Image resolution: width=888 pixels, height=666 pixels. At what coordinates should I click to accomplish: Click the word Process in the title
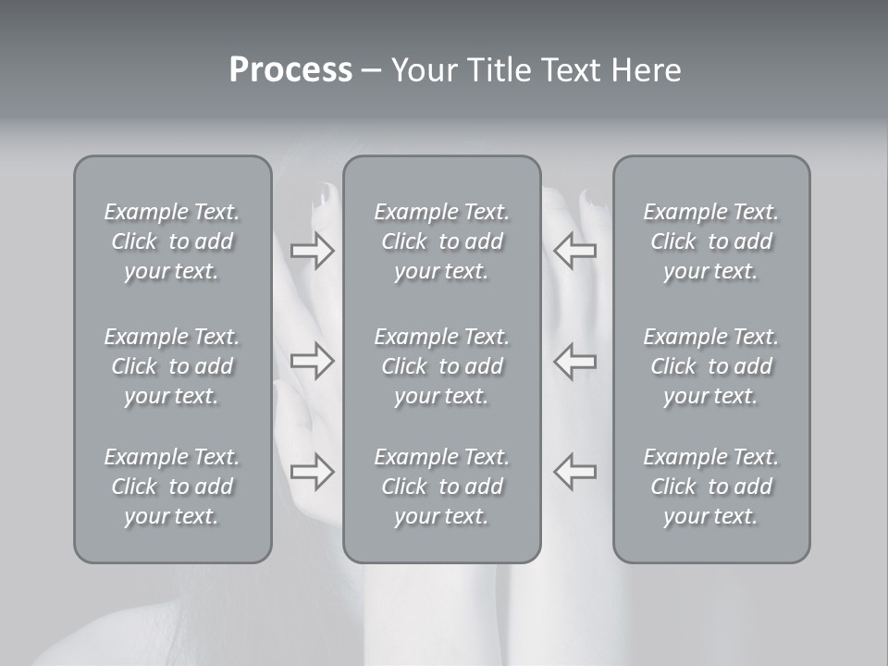tap(290, 70)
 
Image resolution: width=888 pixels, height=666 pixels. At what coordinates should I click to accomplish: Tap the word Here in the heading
tap(647, 70)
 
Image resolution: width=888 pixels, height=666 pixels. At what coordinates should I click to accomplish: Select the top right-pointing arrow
tap(312, 251)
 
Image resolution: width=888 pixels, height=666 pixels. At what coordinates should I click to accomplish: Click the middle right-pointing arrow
tap(312, 361)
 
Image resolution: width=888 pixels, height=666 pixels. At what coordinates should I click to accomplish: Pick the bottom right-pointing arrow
tap(312, 472)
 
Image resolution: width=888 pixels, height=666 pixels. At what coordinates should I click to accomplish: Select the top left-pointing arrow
tap(575, 251)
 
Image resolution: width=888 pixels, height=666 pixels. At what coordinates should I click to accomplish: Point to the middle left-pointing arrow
tap(575, 361)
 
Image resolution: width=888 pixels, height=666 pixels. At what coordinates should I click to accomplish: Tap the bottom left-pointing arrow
tap(575, 472)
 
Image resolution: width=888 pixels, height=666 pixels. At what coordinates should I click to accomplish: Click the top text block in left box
tap(172, 241)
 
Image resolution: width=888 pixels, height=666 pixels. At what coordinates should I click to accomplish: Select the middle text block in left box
tap(172, 366)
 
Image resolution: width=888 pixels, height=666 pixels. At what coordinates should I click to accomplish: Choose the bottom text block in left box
tap(172, 487)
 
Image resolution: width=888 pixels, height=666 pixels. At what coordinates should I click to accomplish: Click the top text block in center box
tap(441, 241)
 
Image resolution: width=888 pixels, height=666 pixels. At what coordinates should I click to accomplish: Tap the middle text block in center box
tap(441, 366)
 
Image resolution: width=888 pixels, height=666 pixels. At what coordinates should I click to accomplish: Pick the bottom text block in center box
tap(441, 487)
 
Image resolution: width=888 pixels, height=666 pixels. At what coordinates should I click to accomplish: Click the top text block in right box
tap(711, 241)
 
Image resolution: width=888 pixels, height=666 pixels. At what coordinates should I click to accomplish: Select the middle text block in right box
tap(711, 366)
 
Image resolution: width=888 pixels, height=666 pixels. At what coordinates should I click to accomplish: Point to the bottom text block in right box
tap(711, 487)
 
